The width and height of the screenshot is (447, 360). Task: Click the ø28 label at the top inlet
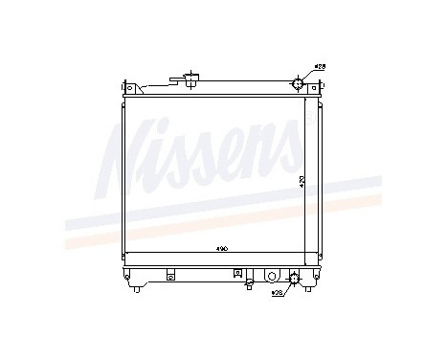321,67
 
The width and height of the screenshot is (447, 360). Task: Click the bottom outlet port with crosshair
294,279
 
